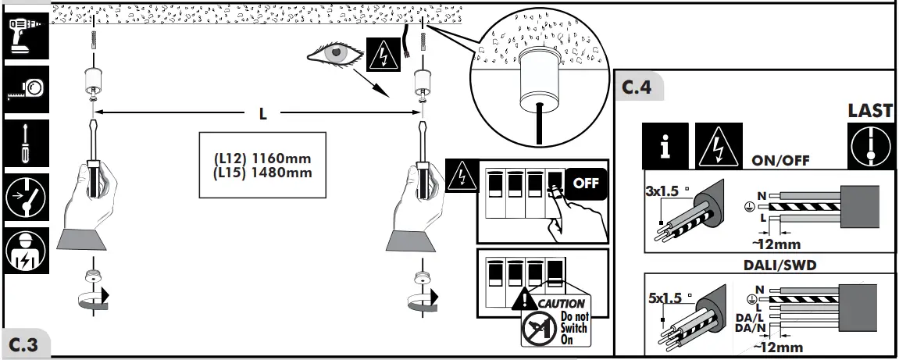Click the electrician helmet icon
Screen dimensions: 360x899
tap(25, 251)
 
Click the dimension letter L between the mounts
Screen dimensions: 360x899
tap(263, 114)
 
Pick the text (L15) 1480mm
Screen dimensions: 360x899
tap(262, 173)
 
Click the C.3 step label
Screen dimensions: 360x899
tap(25, 344)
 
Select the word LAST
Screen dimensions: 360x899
tap(869, 111)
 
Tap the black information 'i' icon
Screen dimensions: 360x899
tap(665, 146)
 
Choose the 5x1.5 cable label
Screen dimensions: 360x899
tap(665, 298)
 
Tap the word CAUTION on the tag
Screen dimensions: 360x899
tap(561, 303)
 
